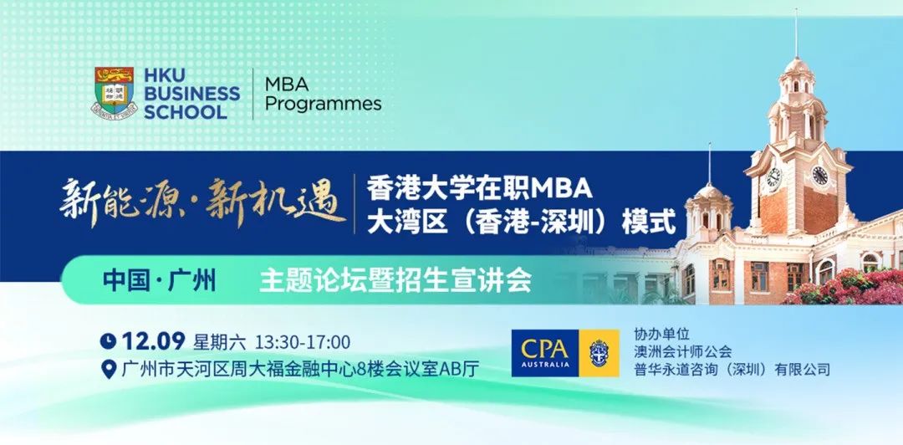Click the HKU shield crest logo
[115, 93]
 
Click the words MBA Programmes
[323, 94]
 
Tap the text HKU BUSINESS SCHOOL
[191, 94]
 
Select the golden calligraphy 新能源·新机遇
[202, 202]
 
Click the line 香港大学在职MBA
[480, 187]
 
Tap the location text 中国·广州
[160, 281]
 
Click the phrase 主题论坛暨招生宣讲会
[395, 281]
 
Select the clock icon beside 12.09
[108, 341]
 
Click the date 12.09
[153, 341]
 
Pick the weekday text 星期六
[219, 342]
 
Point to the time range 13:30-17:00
[303, 342]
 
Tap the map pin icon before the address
[108, 369]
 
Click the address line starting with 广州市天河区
[300, 369]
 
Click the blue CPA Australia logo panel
[545, 353]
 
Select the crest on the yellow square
[599, 353]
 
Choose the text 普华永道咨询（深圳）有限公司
[732, 369]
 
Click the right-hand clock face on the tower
[819, 175]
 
